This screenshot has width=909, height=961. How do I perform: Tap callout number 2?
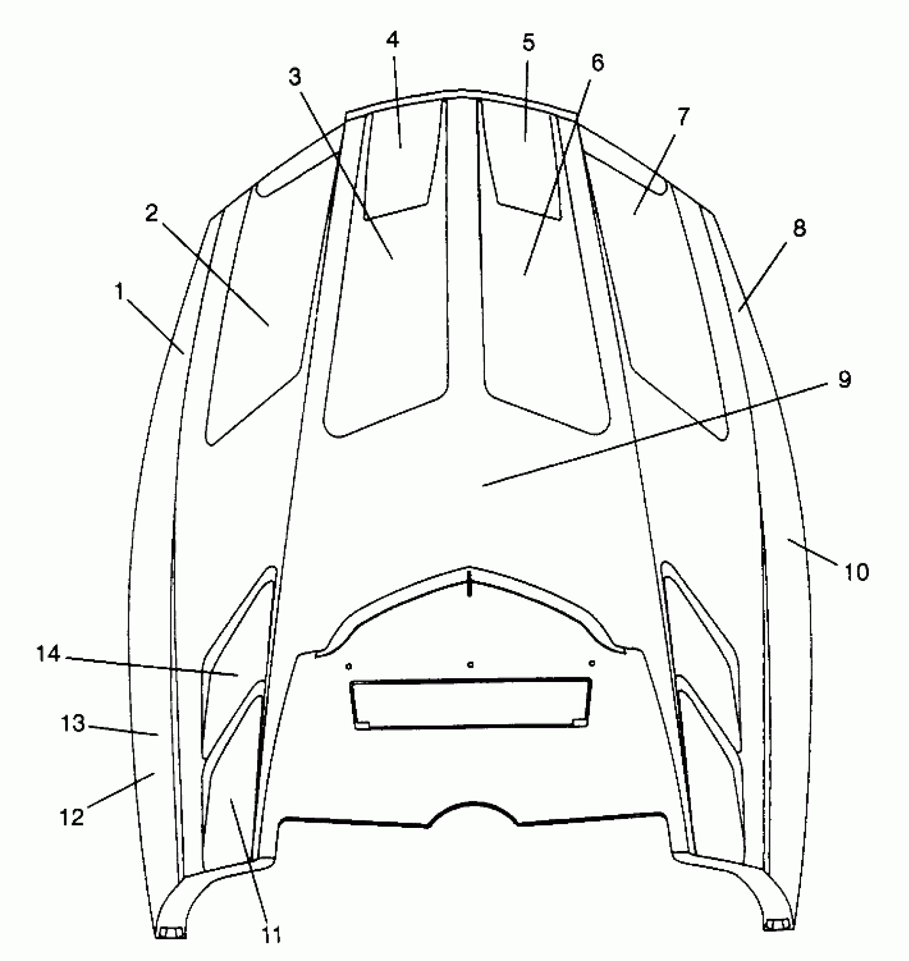pyautogui.click(x=151, y=214)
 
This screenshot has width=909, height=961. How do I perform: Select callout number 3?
pyautogui.click(x=295, y=77)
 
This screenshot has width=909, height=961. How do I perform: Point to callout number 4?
pyautogui.click(x=394, y=40)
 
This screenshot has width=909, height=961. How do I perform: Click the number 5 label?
pyautogui.click(x=528, y=43)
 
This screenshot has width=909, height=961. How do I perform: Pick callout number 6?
pyautogui.click(x=597, y=63)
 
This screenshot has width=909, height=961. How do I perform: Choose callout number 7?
pyautogui.click(x=684, y=116)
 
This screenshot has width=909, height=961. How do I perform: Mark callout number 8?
pyautogui.click(x=799, y=229)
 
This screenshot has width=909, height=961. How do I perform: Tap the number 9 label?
pyautogui.click(x=844, y=380)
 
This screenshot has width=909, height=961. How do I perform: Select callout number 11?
pyautogui.click(x=271, y=934)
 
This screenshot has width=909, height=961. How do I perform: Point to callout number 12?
pyautogui.click(x=72, y=816)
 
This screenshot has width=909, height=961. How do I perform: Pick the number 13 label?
pyautogui.click(x=72, y=724)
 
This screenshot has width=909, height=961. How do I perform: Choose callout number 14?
pyautogui.click(x=48, y=654)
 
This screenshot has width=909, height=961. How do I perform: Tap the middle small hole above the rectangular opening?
pyautogui.click(x=470, y=665)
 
